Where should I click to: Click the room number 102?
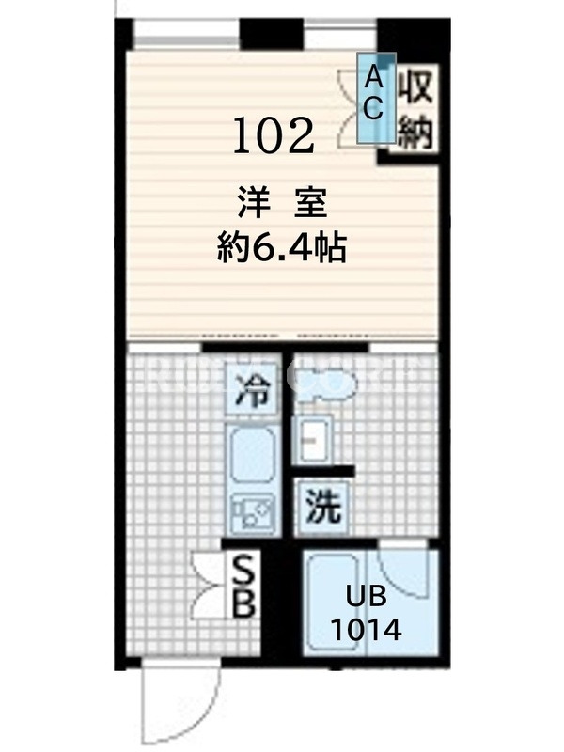point(274,136)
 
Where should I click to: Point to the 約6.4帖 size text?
point(281,247)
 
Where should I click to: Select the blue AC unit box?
point(377,98)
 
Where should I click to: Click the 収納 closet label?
point(416,110)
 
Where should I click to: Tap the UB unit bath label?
point(366,597)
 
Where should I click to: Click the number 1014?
point(367,630)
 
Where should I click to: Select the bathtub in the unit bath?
point(334,603)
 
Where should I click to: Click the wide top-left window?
point(186,34)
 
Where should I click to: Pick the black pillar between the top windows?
point(272,34)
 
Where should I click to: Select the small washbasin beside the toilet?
point(312,440)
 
